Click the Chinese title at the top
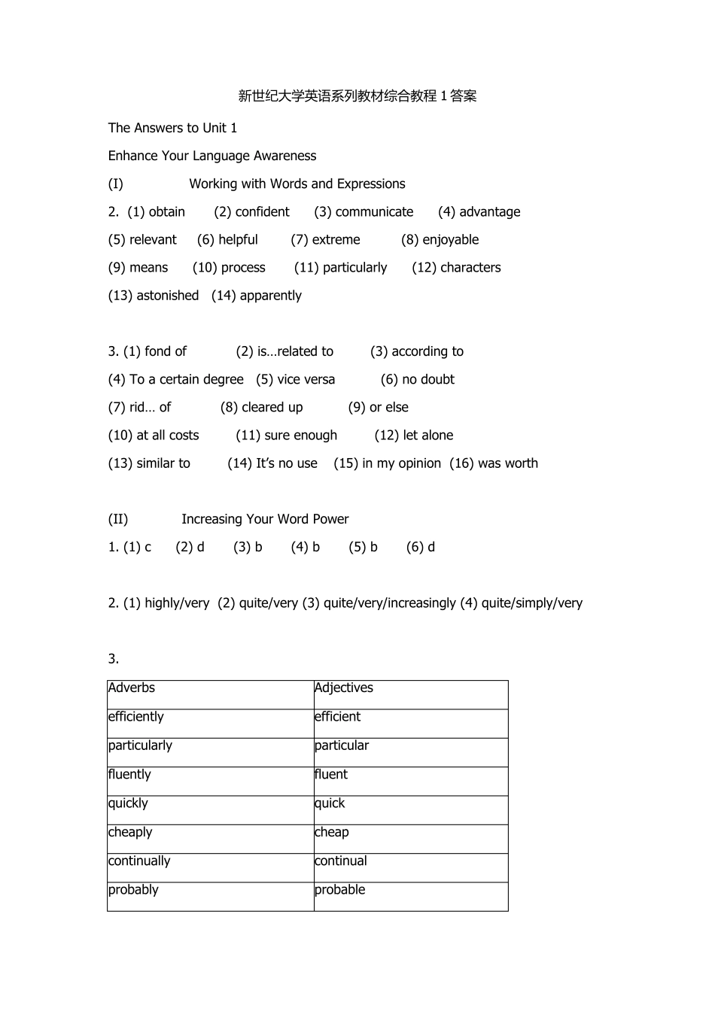357,96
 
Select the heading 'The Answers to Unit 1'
172,128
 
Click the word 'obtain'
166,212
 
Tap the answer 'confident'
262,212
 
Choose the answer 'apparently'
270,296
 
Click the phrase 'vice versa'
306,380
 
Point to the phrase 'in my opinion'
401,463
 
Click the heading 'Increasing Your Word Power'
265,519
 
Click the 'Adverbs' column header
132,688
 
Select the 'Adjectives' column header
344,688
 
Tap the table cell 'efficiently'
136,717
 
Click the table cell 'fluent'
331,775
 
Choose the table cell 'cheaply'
130,832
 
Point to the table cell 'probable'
340,890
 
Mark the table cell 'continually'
139,861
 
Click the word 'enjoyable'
450,240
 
